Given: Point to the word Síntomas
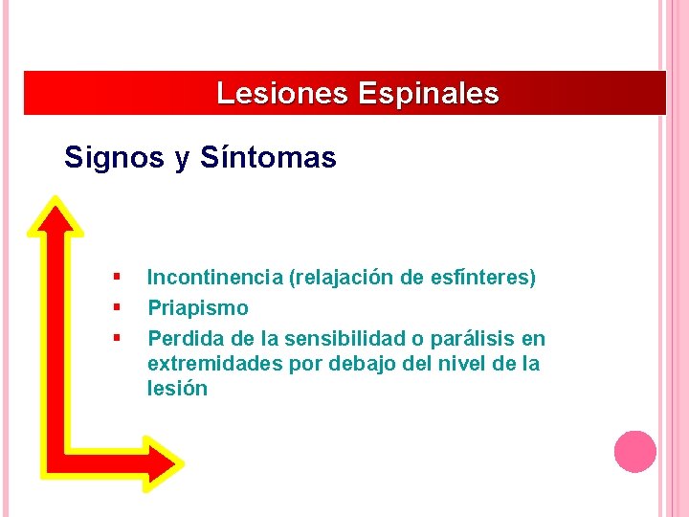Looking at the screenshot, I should (269, 157).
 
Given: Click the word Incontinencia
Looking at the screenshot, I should (214, 279).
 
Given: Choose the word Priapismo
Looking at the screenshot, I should (197, 308).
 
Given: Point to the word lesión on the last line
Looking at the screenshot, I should (177, 389).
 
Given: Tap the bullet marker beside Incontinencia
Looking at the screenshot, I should (116, 278).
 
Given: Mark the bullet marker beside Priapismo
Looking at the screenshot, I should (116, 307).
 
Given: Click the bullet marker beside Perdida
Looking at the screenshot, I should (116, 337).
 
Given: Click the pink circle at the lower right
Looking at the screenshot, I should (634, 451).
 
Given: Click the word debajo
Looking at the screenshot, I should (359, 364).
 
